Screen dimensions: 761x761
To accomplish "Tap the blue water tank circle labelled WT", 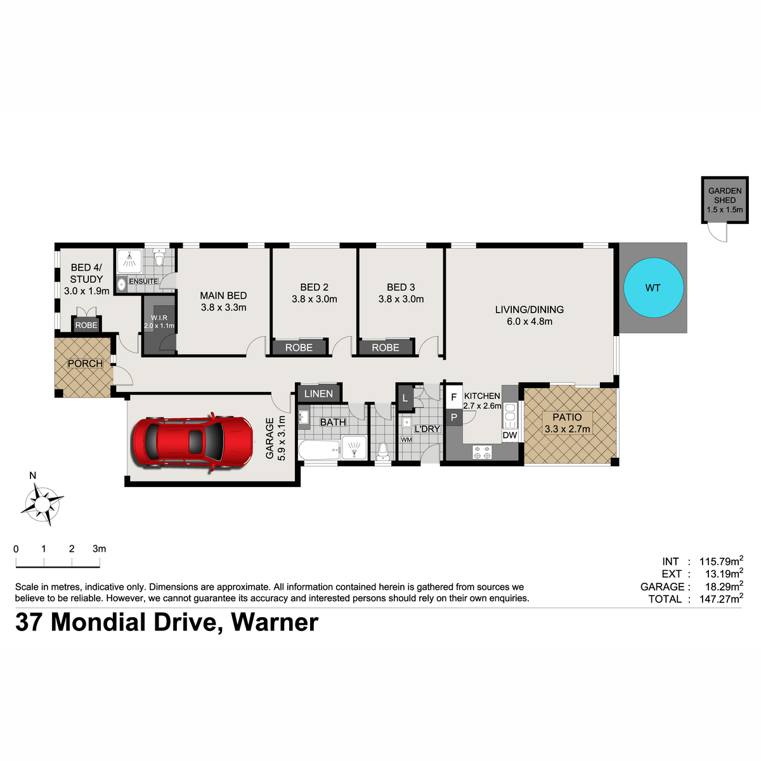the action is (x=653, y=287).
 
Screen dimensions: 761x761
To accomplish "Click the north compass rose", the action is (x=42, y=504).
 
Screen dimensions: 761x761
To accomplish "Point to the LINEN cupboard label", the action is (x=318, y=394).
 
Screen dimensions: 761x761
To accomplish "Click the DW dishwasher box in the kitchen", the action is (x=510, y=435).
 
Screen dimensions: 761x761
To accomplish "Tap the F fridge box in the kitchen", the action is (x=454, y=396).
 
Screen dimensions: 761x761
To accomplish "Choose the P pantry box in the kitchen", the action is (x=454, y=417).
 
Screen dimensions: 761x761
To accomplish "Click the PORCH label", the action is (x=86, y=363).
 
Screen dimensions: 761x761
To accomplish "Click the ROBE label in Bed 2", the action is (x=299, y=348).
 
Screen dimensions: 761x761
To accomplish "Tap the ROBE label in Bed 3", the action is (x=386, y=348).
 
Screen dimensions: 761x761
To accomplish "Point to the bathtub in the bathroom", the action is (x=319, y=450).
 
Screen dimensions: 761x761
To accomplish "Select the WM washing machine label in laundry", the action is (x=407, y=439).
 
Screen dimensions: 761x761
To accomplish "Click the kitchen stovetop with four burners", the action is (x=482, y=453).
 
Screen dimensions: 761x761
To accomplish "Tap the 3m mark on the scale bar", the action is (x=100, y=549).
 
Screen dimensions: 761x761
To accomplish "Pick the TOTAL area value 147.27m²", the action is (x=721, y=599).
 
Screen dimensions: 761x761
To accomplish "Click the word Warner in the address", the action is (x=275, y=623).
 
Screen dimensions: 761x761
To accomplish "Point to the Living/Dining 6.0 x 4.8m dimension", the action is (x=530, y=321).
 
